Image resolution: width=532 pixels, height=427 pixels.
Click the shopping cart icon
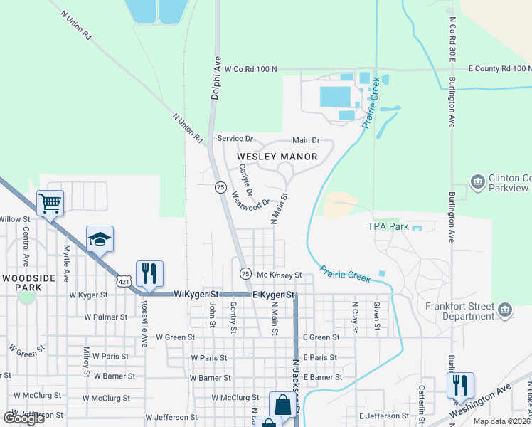[50, 204]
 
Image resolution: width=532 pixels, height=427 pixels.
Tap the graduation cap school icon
[100, 239]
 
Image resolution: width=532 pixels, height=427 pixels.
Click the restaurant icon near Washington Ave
[460, 385]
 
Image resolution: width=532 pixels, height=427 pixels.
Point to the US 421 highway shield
[125, 283]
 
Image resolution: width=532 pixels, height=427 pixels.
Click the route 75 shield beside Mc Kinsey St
[245, 273]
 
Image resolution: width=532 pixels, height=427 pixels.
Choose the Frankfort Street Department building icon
[505, 310]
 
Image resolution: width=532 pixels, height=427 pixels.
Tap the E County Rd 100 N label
[499, 68]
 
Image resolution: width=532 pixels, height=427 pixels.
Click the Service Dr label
[235, 138]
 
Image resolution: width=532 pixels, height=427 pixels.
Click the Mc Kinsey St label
[280, 274]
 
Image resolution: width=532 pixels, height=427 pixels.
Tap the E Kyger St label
[273, 294]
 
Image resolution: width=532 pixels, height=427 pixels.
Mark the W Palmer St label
[105, 317]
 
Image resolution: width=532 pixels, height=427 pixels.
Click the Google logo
[24, 418]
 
